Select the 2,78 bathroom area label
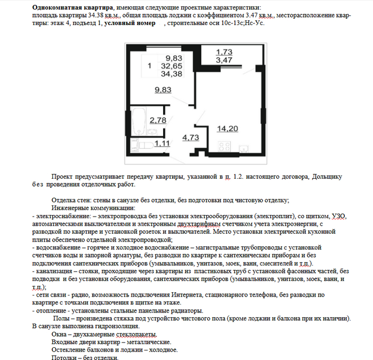coord(158,121)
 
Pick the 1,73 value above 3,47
coord(224,52)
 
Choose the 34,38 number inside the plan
coord(174,74)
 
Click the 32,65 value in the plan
coord(174,66)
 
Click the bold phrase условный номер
coord(130,23)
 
